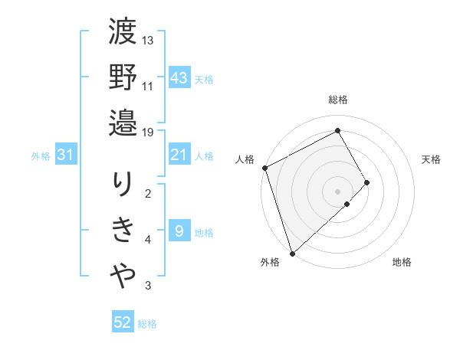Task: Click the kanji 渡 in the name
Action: click(x=123, y=34)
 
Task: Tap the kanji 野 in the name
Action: click(x=123, y=78)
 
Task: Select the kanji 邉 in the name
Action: click(x=123, y=123)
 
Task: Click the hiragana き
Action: click(x=123, y=231)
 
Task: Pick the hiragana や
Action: click(x=123, y=275)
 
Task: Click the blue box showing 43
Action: click(x=179, y=78)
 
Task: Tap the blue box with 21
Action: click(x=179, y=155)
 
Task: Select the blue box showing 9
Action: click(x=179, y=231)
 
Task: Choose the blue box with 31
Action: click(x=66, y=155)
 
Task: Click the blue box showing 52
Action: click(x=123, y=323)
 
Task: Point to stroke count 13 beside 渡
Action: click(x=148, y=40)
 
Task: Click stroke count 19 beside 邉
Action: click(x=148, y=131)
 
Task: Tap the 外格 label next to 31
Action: click(x=41, y=156)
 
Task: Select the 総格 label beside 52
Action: click(x=147, y=324)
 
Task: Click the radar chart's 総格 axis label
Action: click(x=338, y=100)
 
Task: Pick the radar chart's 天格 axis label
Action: click(x=432, y=159)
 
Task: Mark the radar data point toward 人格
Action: click(x=264, y=168)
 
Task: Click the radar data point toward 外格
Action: click(x=291, y=252)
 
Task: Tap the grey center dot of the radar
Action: click(x=337, y=190)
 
